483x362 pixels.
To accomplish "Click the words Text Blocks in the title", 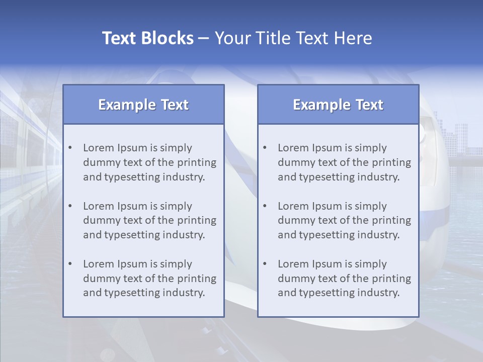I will [148, 38].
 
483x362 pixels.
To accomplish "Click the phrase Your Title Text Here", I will [293, 38].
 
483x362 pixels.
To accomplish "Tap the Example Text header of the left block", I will [143, 105].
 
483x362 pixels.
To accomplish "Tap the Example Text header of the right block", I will [338, 105].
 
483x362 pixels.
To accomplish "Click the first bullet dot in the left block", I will [70, 148].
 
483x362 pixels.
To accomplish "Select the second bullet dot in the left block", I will [70, 206].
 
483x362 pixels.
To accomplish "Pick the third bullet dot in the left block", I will [70, 264].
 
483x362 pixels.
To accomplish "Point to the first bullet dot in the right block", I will [265, 148].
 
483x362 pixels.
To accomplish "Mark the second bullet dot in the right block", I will [265, 206].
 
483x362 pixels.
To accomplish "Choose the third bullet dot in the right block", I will [265, 264].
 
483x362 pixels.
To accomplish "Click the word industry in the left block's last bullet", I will [184, 293].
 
